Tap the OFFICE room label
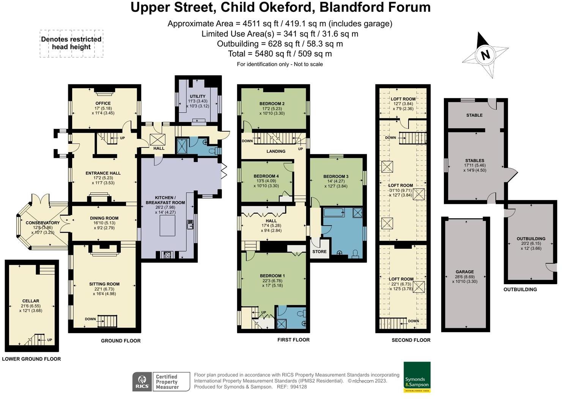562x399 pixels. pyautogui.click(x=103, y=103)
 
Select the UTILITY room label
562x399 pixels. pyautogui.click(x=197, y=96)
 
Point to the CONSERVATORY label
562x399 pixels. pyautogui.click(x=43, y=223)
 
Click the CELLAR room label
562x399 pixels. pyautogui.click(x=31, y=301)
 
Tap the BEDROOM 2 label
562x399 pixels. pyautogui.click(x=272, y=103)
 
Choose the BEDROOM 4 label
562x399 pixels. pyautogui.click(x=266, y=176)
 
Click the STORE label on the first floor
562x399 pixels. pyautogui.click(x=319, y=251)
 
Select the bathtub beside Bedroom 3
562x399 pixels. pyautogui.click(x=334, y=212)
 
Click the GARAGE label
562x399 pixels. pyautogui.click(x=465, y=272)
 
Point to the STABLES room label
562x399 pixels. pyautogui.click(x=475, y=160)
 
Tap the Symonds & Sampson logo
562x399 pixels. pyautogui.click(x=417, y=377)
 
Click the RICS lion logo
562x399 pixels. pyautogui.click(x=142, y=382)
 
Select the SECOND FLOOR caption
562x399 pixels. pyautogui.click(x=411, y=340)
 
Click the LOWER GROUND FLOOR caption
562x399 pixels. pyautogui.click(x=32, y=359)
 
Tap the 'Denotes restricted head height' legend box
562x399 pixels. pyautogui.click(x=71, y=43)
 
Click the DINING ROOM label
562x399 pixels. pyautogui.click(x=104, y=218)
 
